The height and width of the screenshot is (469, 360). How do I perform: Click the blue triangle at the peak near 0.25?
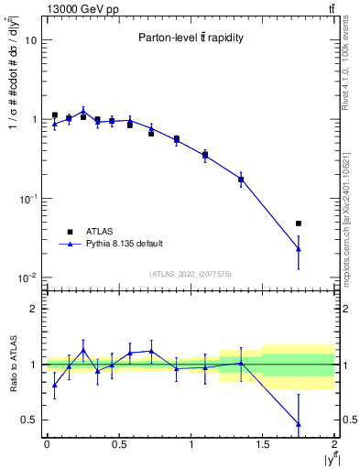83,111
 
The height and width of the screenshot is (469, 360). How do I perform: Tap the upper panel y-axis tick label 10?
30,41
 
